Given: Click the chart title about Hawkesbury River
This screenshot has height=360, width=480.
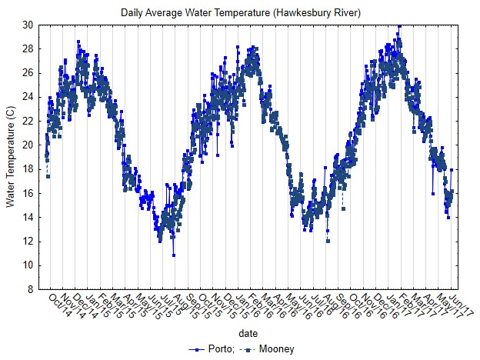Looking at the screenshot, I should pos(241,13).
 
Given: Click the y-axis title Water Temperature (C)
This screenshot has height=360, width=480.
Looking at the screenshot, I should pos(10,157).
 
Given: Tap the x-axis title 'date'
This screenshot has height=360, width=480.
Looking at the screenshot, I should pos(248,334).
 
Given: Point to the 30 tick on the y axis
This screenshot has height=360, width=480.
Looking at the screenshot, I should pos(27,25).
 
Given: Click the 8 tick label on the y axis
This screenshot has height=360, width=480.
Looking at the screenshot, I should pos(29,290).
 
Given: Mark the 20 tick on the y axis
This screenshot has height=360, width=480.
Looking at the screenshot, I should pos(27,145).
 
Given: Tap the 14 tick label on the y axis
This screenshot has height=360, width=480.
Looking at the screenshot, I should pos(27,218).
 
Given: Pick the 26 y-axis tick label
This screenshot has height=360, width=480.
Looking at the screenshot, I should pos(27,73).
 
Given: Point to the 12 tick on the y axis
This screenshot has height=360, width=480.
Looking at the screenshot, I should pos(27,242).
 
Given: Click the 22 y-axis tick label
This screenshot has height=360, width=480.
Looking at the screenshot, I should pos(27,121).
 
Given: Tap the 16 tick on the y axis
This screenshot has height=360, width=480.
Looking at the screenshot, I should pos(27,194).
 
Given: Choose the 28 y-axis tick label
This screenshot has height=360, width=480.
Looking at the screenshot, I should pos(27,48).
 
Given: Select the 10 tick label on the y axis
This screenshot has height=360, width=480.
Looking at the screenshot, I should pos(27,266).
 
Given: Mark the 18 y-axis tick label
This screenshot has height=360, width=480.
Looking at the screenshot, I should pos(27,169).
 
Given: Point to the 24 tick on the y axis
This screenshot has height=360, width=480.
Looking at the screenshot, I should pos(27,97).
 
